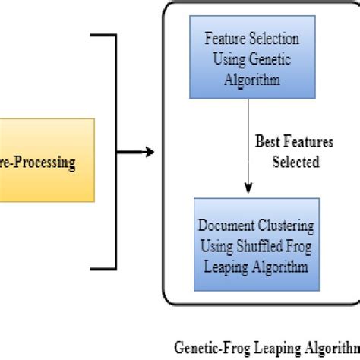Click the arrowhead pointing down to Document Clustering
click(246, 191)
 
